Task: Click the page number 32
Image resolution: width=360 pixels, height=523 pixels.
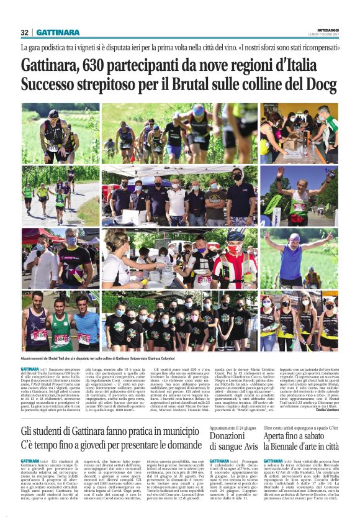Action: tap(25, 32)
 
